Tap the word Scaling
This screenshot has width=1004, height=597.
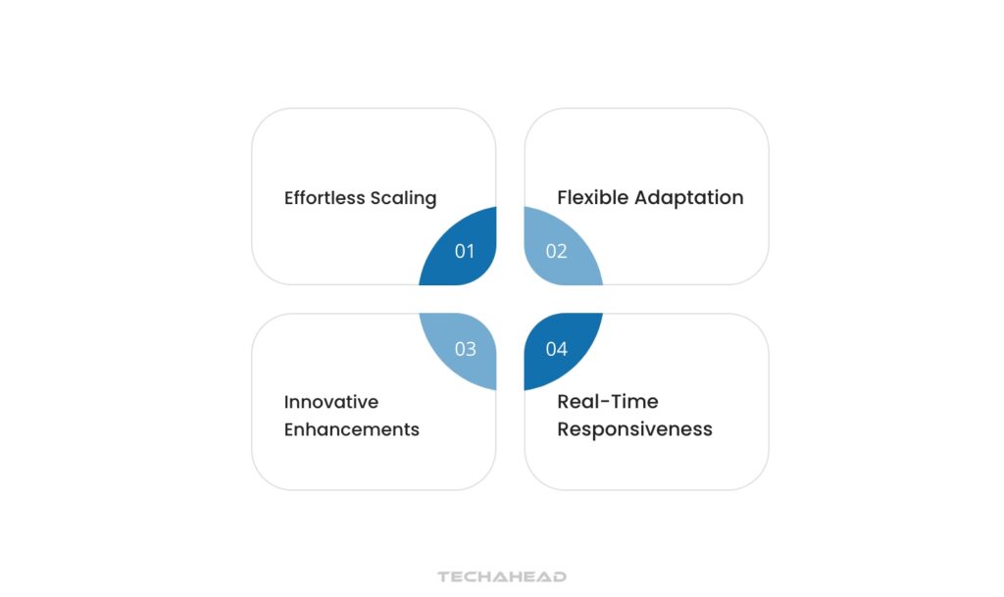403,199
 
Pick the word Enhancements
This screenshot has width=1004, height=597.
352,429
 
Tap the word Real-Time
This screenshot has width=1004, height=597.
608,402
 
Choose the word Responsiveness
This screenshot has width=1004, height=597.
634,429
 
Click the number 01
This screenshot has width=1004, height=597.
465,252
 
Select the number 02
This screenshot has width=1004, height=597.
557,252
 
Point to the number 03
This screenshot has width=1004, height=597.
465,349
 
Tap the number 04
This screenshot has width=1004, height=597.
557,349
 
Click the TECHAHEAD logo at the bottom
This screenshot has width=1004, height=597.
502,577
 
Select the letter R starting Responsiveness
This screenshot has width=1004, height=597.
564,429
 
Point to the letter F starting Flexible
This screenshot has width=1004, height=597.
563,198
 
